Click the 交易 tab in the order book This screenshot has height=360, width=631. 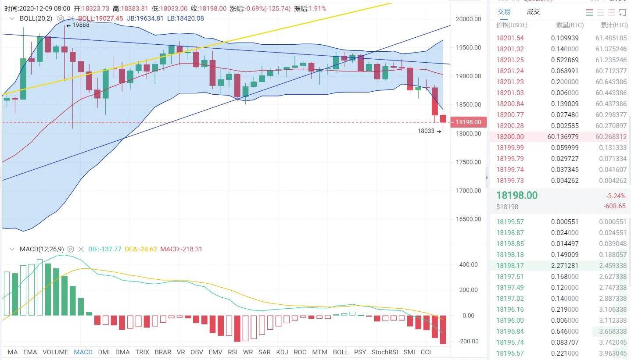coord(504,12)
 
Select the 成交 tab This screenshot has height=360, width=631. coord(534,12)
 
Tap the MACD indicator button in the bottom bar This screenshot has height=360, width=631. coord(83,352)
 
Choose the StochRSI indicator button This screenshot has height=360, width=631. coord(384,352)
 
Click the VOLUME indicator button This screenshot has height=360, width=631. coord(55,352)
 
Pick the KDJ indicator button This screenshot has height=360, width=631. coord(282,352)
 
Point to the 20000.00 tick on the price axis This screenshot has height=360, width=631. coord(469,19)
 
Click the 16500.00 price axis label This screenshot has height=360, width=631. coord(469,219)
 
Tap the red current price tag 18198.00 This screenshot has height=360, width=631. coord(469,122)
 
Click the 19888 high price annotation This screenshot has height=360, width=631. coord(81,25)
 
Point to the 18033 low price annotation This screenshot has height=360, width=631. coord(426,131)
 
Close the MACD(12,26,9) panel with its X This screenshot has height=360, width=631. coord(81,249)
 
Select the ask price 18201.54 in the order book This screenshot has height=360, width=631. coord(510,38)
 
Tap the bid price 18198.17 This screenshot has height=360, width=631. coord(510,265)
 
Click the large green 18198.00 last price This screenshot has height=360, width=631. coord(517,196)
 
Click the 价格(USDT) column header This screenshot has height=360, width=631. coord(512,25)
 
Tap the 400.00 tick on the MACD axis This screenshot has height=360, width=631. coord(468,264)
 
